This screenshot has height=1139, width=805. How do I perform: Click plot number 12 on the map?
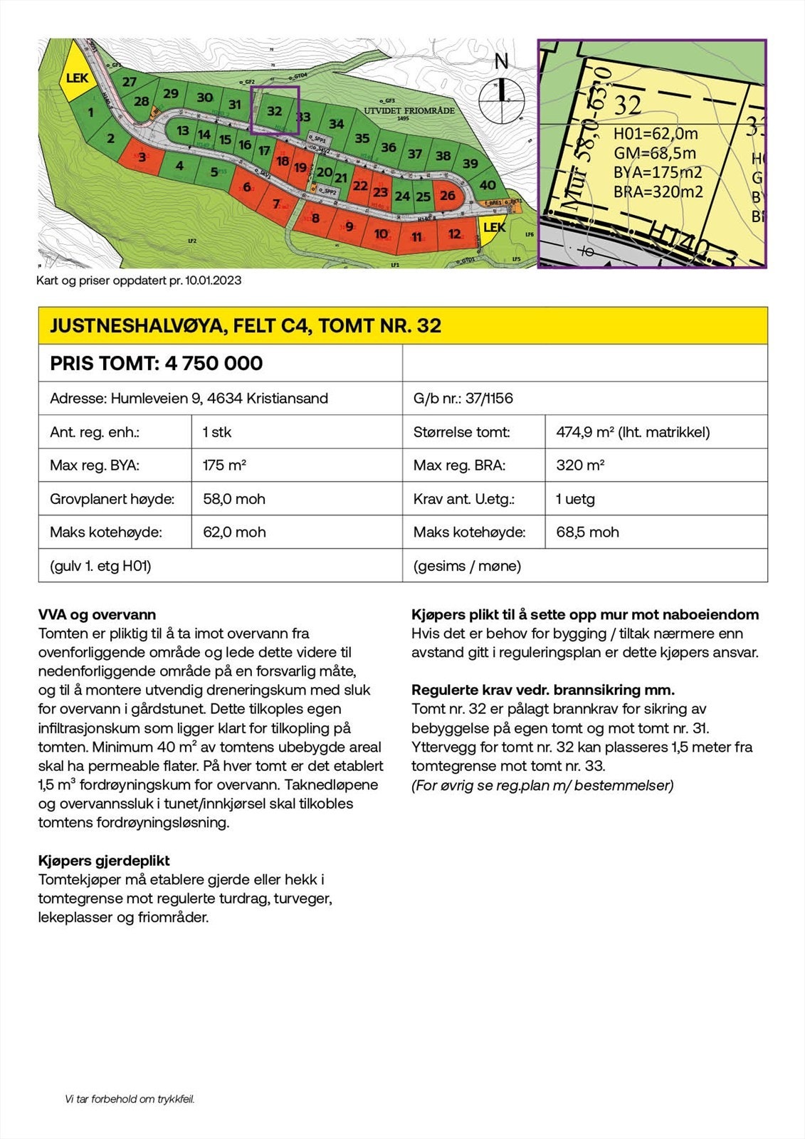[454, 233]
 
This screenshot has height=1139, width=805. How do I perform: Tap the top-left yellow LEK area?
[77, 78]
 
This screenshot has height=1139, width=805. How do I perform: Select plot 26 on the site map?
[447, 195]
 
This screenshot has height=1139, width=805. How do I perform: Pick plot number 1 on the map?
[90, 112]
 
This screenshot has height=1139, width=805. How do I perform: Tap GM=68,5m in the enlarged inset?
[654, 153]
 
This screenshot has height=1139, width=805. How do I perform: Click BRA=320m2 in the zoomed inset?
[658, 191]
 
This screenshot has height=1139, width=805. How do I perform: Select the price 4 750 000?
[214, 363]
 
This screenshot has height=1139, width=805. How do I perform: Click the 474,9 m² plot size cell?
[633, 432]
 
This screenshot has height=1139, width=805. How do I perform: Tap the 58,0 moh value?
[234, 499]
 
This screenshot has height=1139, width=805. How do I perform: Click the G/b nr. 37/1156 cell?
[463, 398]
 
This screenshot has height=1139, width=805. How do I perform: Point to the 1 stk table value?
[217, 432]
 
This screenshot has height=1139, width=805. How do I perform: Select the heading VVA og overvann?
[97, 614]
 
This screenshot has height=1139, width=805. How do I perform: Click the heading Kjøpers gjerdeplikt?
[104, 861]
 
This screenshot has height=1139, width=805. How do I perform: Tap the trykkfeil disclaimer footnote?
[130, 1099]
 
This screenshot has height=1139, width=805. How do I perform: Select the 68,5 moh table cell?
[587, 532]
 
